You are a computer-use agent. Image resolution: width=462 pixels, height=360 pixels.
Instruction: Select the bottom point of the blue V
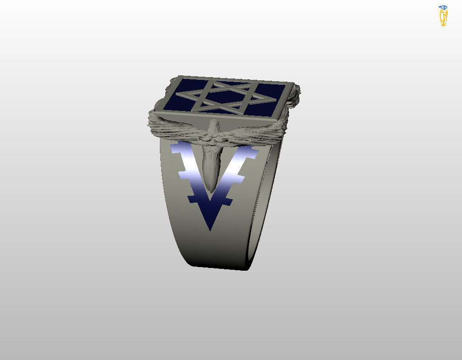(210, 230)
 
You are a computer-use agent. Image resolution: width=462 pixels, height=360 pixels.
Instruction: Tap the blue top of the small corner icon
(443, 7)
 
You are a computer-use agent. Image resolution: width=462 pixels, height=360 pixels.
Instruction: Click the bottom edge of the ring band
(221, 268)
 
